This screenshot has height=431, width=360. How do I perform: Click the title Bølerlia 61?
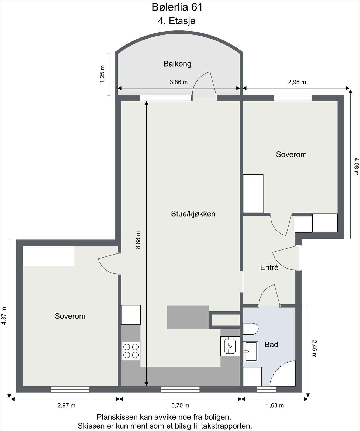(x=177, y=7)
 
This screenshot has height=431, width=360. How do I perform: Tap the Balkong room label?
(x=177, y=64)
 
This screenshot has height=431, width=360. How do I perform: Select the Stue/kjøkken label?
(x=193, y=214)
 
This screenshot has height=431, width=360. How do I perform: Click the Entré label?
(x=269, y=267)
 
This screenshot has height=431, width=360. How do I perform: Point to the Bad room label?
(x=271, y=345)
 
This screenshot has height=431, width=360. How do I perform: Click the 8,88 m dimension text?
(x=138, y=240)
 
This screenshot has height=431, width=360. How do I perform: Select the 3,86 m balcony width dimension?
(x=179, y=82)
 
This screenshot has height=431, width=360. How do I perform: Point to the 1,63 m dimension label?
(x=275, y=405)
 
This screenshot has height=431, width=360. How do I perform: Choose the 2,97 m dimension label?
(x=66, y=405)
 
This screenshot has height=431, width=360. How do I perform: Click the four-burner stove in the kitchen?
(x=131, y=351)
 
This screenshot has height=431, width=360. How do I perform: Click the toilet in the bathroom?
(x=251, y=329)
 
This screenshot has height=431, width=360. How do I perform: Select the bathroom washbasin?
(x=250, y=351)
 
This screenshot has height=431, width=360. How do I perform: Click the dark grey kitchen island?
(x=188, y=317)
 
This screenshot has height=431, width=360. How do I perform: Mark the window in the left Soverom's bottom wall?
(x=70, y=389)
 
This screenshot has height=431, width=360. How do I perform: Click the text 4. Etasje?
(x=176, y=21)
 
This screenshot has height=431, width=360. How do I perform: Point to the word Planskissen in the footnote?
(x=117, y=417)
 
